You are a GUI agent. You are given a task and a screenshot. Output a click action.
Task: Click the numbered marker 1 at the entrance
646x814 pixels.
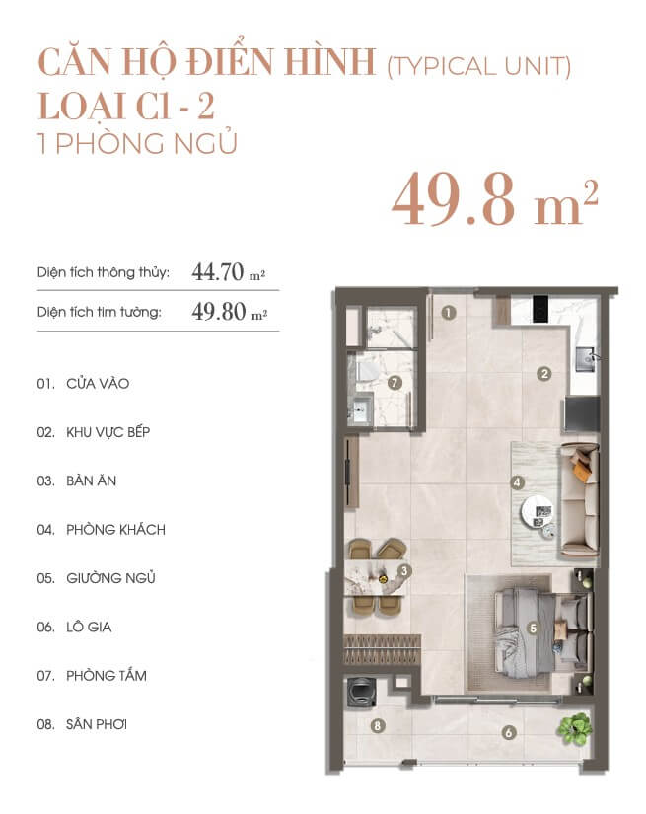click(449, 313)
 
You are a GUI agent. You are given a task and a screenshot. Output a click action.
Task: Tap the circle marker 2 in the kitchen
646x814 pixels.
click(543, 374)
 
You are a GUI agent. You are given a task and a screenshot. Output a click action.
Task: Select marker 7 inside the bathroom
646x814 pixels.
click(395, 383)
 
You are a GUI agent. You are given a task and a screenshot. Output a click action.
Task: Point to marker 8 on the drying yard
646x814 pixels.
click(377, 725)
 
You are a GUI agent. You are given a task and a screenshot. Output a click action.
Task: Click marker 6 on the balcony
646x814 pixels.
click(509, 732)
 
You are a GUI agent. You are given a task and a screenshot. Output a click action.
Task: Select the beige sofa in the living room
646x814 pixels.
click(579, 500)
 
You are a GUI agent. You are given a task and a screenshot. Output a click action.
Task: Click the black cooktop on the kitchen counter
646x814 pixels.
click(540, 309)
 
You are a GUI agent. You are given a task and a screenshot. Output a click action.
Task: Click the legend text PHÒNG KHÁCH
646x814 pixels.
click(115, 530)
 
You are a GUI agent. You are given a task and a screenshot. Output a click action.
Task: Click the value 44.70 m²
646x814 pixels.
click(229, 271)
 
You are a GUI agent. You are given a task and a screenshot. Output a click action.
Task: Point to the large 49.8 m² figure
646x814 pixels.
click(494, 200)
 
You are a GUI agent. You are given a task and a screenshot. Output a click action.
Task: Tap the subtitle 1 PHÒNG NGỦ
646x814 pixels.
click(138, 143)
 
